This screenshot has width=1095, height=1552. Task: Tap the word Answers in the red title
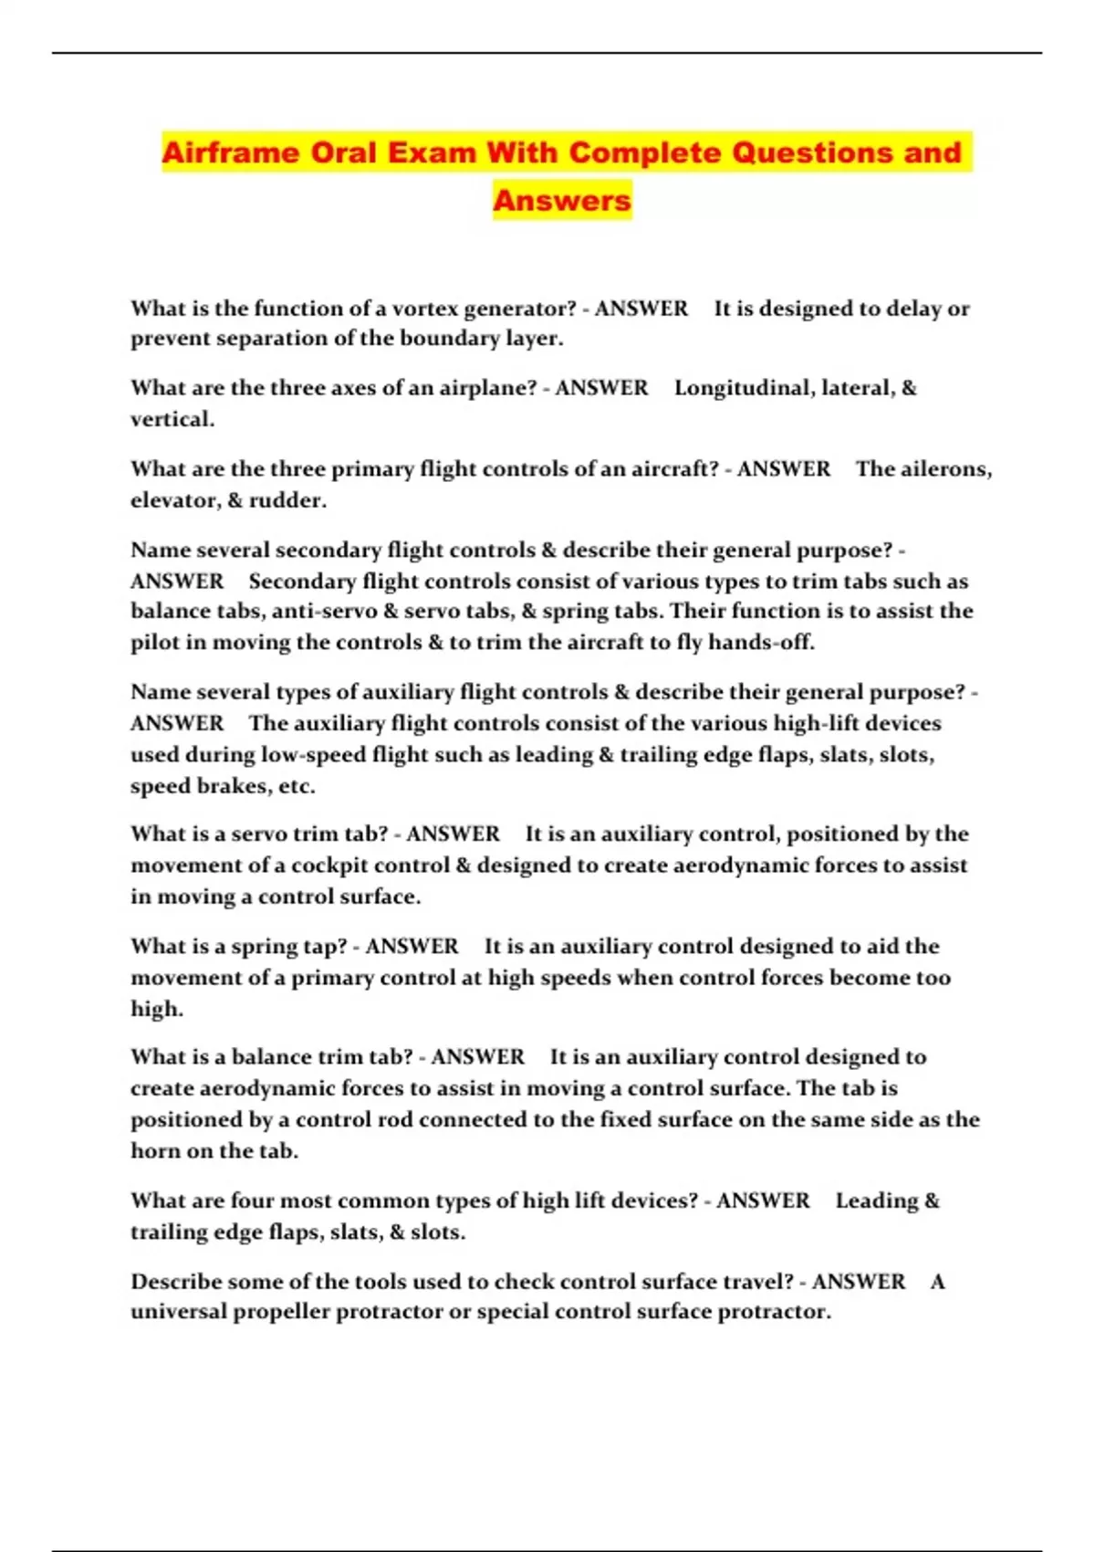[x=562, y=200]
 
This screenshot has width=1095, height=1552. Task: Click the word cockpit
[x=329, y=865]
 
